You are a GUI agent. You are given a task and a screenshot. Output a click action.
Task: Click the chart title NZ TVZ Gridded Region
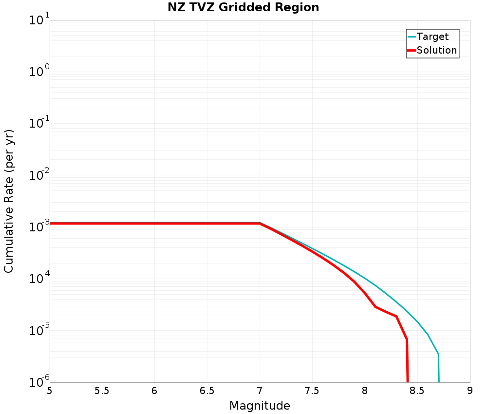[x=243, y=8]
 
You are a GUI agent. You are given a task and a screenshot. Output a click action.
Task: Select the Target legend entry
[x=432, y=37]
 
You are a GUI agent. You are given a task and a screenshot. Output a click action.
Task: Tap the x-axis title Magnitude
[x=260, y=406]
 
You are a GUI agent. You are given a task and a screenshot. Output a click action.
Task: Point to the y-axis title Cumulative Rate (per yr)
[x=9, y=201]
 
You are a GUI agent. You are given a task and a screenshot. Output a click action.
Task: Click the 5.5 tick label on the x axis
[x=102, y=391]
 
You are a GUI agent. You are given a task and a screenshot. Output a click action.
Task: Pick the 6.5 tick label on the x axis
[x=207, y=391]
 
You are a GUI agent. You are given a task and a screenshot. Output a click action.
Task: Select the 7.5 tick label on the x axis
[x=312, y=391]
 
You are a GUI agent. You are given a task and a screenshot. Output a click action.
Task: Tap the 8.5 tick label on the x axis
[x=417, y=391]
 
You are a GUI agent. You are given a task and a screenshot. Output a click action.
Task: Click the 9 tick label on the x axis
[x=470, y=391]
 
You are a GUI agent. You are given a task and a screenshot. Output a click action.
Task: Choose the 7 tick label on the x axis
[x=260, y=391]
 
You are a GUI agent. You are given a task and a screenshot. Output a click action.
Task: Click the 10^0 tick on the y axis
[x=39, y=73]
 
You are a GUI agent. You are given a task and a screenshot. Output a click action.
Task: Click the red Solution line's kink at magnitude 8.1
[x=375, y=306]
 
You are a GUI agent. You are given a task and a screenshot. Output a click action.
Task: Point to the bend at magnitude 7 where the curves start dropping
[x=260, y=223]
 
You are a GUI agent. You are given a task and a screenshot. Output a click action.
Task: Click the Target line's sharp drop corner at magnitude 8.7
[x=438, y=354]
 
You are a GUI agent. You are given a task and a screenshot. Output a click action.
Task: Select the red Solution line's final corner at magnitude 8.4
[x=407, y=339]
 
